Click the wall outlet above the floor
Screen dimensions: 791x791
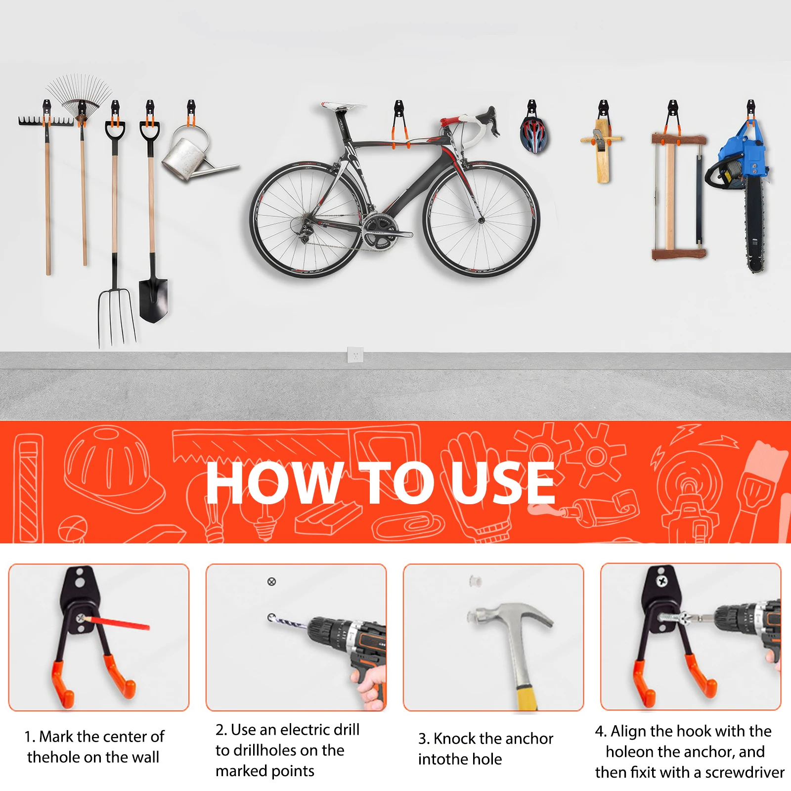(355, 354)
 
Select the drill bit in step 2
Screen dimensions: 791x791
(287, 622)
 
